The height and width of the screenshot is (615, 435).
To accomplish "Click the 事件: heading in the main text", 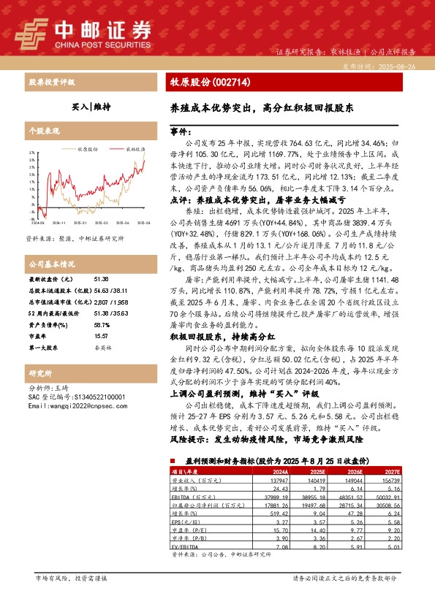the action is [x=184, y=129].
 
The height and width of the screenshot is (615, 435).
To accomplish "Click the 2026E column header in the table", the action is [x=354, y=472].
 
